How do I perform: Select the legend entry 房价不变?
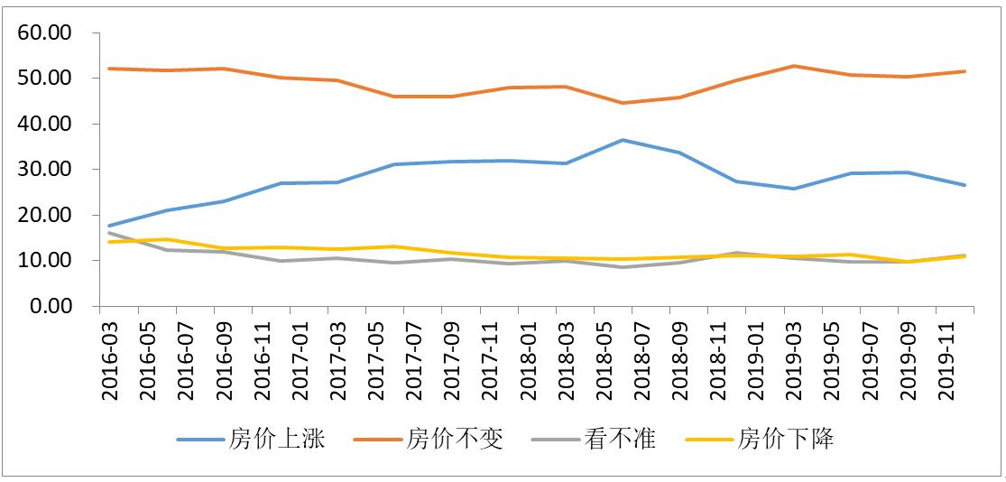pyautogui.click(x=455, y=440)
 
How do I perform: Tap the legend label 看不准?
pyautogui.click(x=620, y=440)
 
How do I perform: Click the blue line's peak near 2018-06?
pyautogui.click(x=623, y=140)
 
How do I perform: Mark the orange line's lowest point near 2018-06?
pyautogui.click(x=623, y=103)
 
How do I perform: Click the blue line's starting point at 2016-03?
pyautogui.click(x=108, y=226)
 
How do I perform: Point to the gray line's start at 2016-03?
pyautogui.click(x=108, y=233)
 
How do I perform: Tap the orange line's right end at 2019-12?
pyautogui.click(x=965, y=71)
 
